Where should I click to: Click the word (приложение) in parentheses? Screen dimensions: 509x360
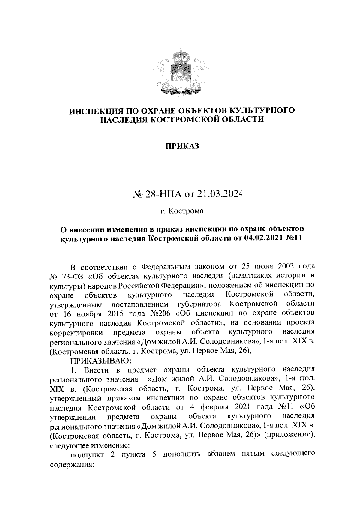pos(289,435)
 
